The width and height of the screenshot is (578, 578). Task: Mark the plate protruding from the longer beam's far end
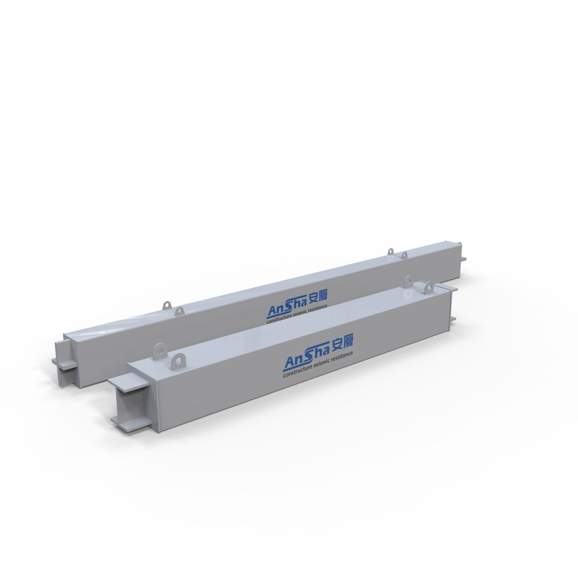click(x=463, y=259)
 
